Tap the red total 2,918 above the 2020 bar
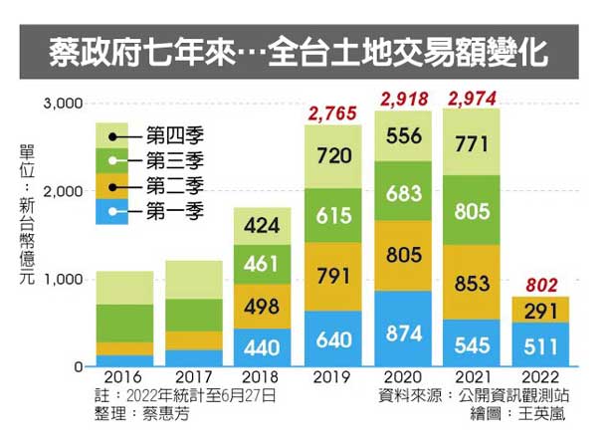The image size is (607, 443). (x=403, y=99)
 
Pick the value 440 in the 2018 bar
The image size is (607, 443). (x=264, y=349)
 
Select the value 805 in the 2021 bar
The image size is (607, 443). (x=473, y=211)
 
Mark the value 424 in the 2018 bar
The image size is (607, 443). (x=264, y=226)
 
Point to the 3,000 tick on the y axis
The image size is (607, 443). (x=61, y=104)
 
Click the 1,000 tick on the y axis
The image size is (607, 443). (x=61, y=280)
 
